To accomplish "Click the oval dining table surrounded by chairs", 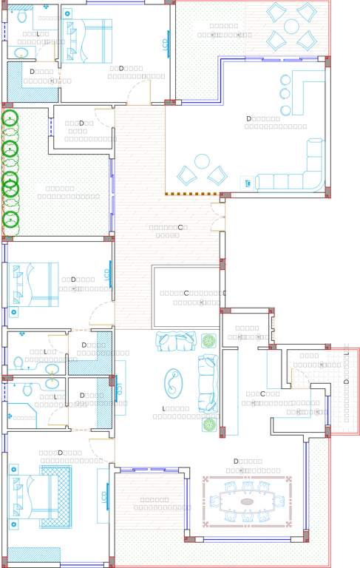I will click(x=247, y=501).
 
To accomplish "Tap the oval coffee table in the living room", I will click(x=173, y=383).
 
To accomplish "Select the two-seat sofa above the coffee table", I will click(x=176, y=341).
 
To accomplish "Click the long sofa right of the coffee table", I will click(x=208, y=383).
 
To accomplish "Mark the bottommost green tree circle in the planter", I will click(x=10, y=218).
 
